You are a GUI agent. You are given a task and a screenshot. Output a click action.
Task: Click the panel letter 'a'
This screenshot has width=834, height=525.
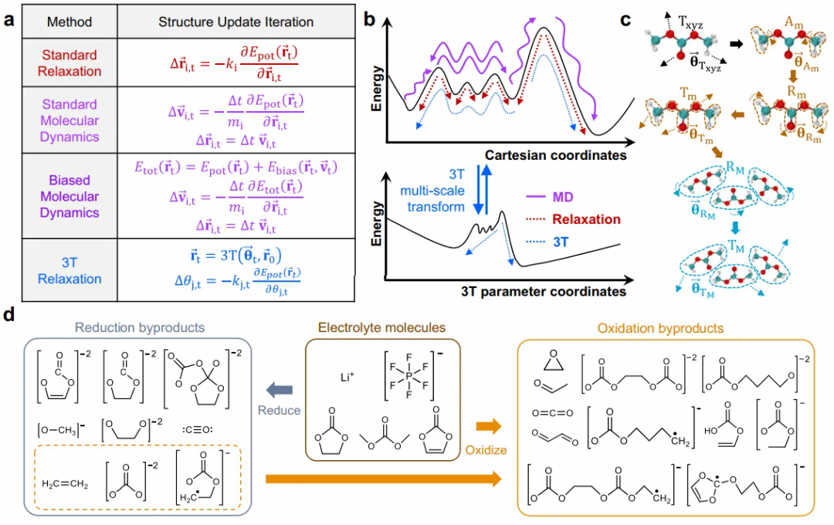click(9, 21)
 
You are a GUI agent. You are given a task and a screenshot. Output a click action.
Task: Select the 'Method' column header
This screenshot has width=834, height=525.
click(69, 22)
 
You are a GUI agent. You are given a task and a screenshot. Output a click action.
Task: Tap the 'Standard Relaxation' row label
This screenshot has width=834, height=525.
click(69, 63)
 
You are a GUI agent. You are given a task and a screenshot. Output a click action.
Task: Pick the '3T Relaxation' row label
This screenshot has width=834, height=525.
click(69, 269)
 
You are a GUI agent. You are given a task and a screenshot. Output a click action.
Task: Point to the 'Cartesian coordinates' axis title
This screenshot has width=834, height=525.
click(554, 155)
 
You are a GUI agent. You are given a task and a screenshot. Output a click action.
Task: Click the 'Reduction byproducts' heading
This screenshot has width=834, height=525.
click(140, 327)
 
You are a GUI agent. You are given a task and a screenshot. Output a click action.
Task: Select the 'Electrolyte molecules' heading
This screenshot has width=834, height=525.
click(381, 327)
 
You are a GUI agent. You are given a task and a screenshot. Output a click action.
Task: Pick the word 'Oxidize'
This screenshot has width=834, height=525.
click(486, 449)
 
